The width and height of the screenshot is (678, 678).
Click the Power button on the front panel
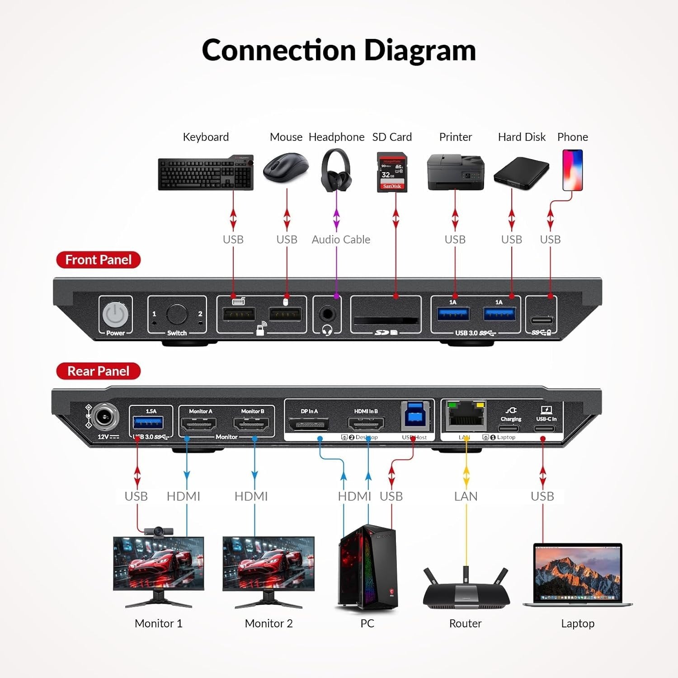(115, 314)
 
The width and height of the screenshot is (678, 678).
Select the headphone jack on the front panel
(327, 313)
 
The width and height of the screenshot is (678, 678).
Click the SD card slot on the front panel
(386, 320)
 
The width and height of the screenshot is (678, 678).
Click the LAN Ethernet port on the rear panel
(466, 416)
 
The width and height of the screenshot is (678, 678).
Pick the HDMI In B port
(366, 424)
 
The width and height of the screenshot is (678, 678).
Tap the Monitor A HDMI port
(198, 424)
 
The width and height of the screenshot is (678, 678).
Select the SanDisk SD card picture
(392, 172)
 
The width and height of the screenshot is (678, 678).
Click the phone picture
(572, 170)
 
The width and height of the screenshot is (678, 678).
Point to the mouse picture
(286, 168)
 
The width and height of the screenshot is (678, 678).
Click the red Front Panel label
(98, 260)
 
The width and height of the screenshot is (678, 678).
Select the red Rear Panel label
(98, 371)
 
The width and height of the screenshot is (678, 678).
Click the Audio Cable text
(341, 240)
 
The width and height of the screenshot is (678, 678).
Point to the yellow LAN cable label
(466, 496)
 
